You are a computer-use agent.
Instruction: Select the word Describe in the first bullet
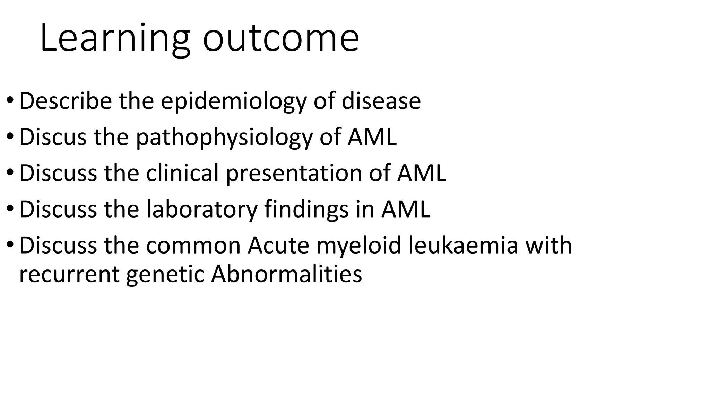(x=66, y=101)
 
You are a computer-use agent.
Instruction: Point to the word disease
(x=381, y=101)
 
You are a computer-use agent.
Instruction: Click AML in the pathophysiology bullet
(x=372, y=137)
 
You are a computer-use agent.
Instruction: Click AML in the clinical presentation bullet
(x=422, y=173)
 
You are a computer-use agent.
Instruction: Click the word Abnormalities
(x=286, y=274)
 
